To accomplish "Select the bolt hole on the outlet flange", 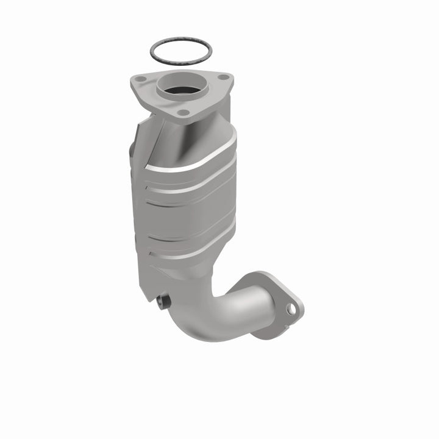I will (x=291, y=310).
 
